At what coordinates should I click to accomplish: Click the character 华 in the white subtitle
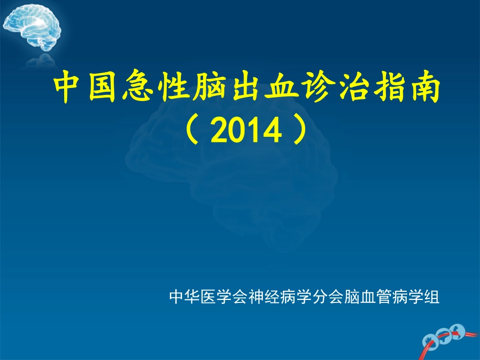(189, 296)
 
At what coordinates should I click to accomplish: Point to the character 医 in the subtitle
(205, 296)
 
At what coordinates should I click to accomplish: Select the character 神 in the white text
(251, 296)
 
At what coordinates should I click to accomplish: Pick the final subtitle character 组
(433, 296)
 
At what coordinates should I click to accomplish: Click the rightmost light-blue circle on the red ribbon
(458, 331)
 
